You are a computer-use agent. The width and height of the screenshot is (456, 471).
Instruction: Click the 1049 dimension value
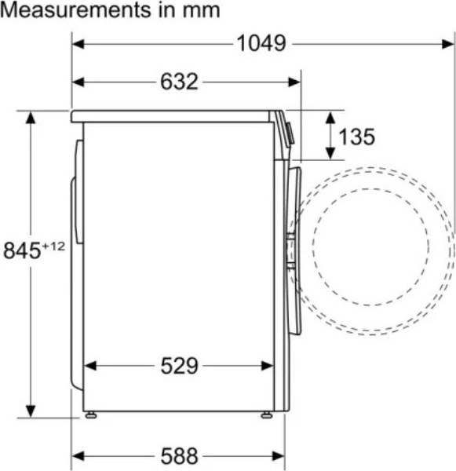[x=261, y=43]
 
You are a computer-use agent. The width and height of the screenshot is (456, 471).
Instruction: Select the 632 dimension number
[x=179, y=82]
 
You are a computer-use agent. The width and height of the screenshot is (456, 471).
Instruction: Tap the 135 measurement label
[x=356, y=137]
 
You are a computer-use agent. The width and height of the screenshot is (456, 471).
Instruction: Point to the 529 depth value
[x=179, y=366]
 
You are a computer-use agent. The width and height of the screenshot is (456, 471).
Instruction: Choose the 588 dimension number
[x=179, y=456]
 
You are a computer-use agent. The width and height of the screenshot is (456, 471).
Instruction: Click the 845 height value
[x=22, y=250]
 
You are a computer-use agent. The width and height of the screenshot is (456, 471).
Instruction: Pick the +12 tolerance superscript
[x=53, y=246]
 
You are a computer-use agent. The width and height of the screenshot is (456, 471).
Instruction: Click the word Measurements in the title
[x=75, y=10]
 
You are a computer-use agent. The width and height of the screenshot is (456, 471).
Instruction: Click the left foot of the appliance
[x=91, y=415]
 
